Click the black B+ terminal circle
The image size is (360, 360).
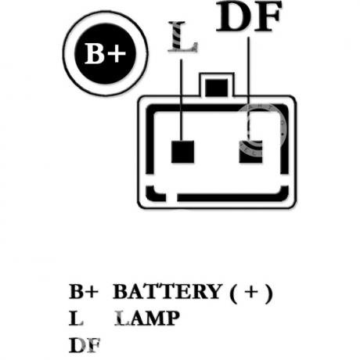[105, 54]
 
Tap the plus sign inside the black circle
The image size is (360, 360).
[117, 54]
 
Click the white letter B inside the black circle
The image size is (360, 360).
[95, 54]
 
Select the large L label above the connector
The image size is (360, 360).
[182, 37]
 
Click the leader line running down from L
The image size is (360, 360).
[181, 100]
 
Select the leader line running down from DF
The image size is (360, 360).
[248, 89]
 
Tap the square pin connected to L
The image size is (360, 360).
[182, 152]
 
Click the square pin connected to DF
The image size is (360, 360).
[250, 152]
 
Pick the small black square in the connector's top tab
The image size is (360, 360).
[216, 88]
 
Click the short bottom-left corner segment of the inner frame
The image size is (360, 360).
[155, 194]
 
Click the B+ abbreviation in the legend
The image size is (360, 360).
[84, 291]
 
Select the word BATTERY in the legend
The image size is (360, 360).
[167, 291]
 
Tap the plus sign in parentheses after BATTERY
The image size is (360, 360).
[251, 292]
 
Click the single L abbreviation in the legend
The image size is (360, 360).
[76, 318]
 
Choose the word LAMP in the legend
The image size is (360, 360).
[147, 318]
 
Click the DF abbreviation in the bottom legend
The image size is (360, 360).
[85, 345]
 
